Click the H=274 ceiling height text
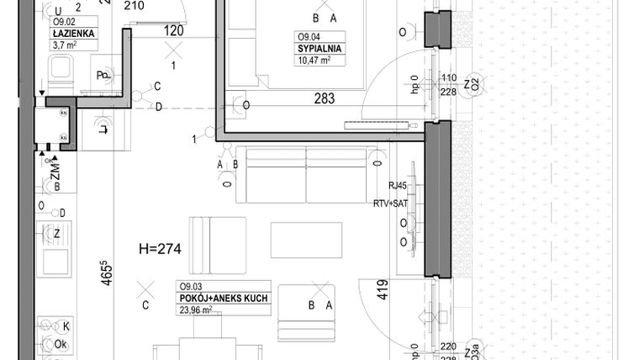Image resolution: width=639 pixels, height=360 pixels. (160, 248)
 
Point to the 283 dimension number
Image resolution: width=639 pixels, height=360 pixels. (324, 98)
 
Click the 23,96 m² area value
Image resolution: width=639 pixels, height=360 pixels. (195, 309)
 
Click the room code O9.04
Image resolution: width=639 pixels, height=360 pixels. (307, 37)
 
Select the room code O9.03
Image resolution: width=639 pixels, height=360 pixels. (188, 286)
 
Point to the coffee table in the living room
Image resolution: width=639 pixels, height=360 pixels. (306, 240)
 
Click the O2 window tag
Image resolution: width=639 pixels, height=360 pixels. (474, 84)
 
